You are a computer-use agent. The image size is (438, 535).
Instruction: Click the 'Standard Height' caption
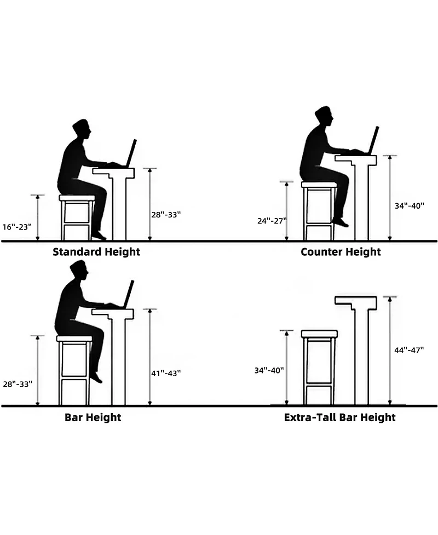96,252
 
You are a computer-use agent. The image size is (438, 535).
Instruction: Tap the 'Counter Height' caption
341,252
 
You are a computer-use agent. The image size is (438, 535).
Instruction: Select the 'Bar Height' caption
93,417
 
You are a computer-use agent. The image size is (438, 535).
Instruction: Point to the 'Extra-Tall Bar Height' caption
340,417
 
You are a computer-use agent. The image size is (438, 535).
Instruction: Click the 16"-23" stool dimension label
17,227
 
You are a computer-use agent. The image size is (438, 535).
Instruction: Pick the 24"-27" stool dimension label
272,221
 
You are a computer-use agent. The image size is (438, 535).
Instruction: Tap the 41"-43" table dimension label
166,373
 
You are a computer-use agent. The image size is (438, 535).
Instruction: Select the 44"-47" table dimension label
409,350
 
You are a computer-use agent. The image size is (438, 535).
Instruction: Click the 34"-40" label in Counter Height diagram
410,206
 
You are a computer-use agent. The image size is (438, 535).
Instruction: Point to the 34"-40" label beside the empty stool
269,370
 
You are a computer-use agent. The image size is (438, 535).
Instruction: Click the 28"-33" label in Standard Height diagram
166,215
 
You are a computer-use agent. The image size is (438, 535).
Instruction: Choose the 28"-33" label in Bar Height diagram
18,384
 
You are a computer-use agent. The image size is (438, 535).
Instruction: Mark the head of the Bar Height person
79,270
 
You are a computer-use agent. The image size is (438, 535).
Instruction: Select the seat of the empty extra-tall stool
319,333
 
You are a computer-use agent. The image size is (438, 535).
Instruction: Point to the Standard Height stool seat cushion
77,198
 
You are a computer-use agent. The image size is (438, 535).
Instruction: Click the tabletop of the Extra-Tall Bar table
356,301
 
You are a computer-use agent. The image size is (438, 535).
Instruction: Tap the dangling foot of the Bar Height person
96,377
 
